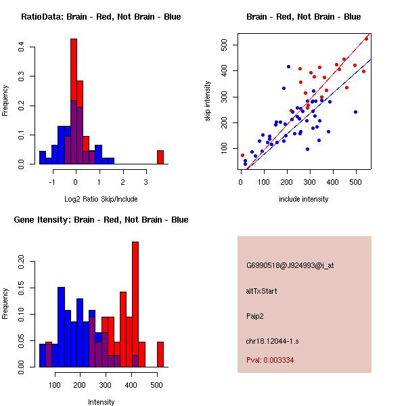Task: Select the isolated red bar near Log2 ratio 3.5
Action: (x=160, y=157)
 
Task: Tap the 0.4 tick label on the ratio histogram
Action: (x=22, y=47)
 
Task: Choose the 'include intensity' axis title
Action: (x=303, y=199)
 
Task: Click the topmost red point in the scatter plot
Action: (x=366, y=39)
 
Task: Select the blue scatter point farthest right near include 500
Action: (x=355, y=112)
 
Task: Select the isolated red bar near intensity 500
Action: (x=160, y=354)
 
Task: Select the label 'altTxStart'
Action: (x=262, y=291)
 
